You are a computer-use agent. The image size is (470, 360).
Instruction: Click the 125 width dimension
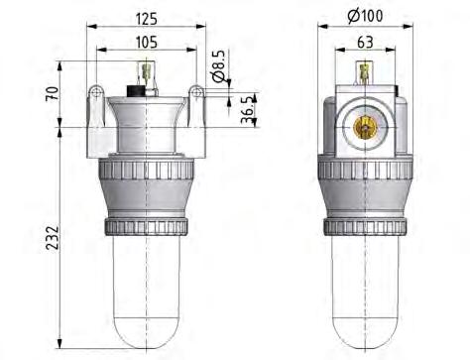click(x=146, y=16)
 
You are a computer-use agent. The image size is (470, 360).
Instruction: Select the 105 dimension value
click(x=146, y=42)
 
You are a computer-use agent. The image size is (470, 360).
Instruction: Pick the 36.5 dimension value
click(x=245, y=107)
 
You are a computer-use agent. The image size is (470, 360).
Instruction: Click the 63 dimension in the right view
click(x=364, y=42)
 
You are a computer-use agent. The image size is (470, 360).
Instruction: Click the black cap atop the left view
click(x=141, y=90)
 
